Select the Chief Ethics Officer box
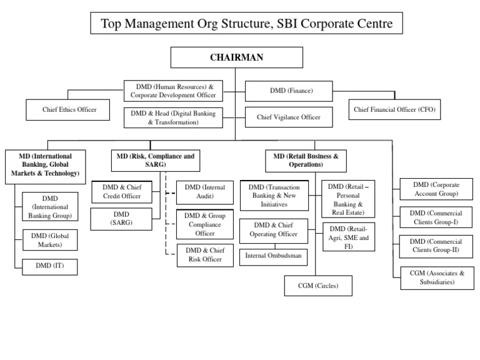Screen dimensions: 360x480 click(x=69, y=109)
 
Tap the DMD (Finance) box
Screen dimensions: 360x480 click(x=291, y=91)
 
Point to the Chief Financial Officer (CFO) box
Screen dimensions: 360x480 click(x=394, y=109)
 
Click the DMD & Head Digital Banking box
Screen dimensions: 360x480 click(x=173, y=117)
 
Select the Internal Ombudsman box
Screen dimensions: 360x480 click(x=272, y=256)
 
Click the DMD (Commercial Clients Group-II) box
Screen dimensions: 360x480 click(x=436, y=246)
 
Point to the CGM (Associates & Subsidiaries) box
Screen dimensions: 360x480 click(x=436, y=277)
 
